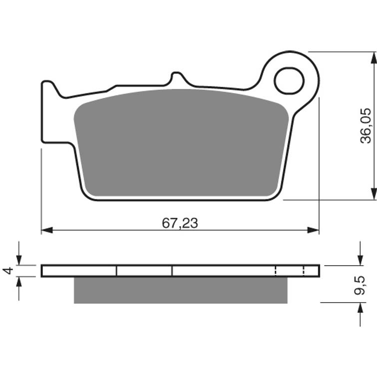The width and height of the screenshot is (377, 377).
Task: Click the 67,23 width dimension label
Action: click(x=180, y=223)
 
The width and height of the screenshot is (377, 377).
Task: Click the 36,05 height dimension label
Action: click(x=366, y=125)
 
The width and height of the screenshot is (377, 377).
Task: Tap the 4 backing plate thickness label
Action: click(x=7, y=271)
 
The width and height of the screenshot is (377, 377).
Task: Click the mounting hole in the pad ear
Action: click(x=289, y=80)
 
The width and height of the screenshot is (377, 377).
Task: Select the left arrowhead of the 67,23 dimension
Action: click(x=46, y=230)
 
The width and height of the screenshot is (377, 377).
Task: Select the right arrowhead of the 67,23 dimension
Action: click(x=313, y=230)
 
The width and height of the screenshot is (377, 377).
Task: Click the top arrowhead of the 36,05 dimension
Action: click(x=373, y=57)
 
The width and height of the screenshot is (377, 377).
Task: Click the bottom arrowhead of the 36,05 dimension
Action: click(x=373, y=194)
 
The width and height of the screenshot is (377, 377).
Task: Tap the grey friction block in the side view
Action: click(x=180, y=290)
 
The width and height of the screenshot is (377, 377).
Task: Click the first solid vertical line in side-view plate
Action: click(x=116, y=271)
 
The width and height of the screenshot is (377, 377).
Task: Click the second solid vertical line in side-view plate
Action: click(x=172, y=271)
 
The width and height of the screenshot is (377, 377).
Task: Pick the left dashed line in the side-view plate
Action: click(x=276, y=271)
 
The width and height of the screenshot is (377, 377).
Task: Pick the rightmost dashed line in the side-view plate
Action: click(x=304, y=271)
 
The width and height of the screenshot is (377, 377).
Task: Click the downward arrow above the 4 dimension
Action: click(x=19, y=260)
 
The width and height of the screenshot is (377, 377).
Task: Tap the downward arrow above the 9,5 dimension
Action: click(x=360, y=260)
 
